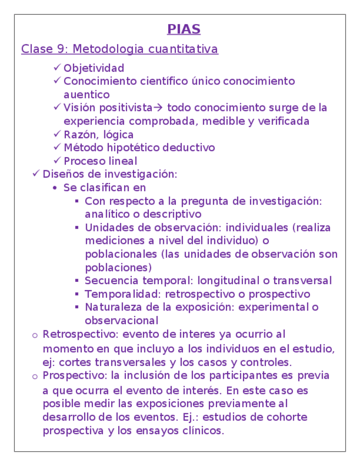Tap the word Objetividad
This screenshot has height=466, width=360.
(94, 69)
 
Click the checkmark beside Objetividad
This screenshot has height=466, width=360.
(58, 68)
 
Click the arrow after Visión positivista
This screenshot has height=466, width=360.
(159, 108)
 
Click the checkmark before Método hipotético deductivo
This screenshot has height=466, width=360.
(58, 147)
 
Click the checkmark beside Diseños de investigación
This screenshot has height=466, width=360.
(36, 174)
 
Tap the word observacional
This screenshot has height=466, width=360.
(121, 321)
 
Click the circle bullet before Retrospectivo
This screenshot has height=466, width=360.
(36, 335)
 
